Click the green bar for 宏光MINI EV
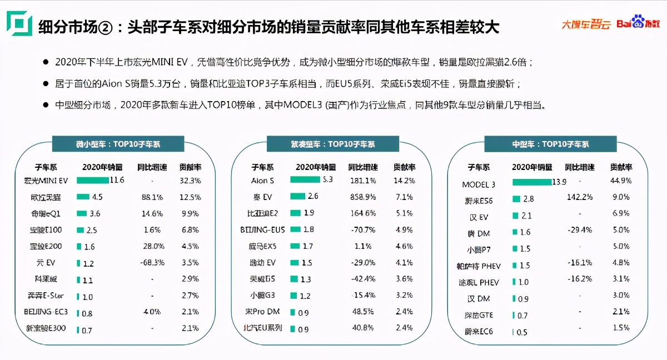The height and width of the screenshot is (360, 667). click(x=93, y=180)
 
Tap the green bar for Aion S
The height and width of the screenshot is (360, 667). click(x=305, y=180)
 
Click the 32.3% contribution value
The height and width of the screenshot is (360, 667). click(x=190, y=181)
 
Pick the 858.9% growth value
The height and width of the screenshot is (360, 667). click(x=363, y=196)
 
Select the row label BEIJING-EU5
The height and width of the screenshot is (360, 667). click(x=262, y=229)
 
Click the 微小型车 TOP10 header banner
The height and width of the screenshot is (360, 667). click(x=118, y=144)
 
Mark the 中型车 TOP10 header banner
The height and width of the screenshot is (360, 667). click(x=550, y=144)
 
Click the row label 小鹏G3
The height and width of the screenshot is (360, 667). click(x=262, y=295)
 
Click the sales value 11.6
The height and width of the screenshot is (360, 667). click(x=117, y=180)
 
